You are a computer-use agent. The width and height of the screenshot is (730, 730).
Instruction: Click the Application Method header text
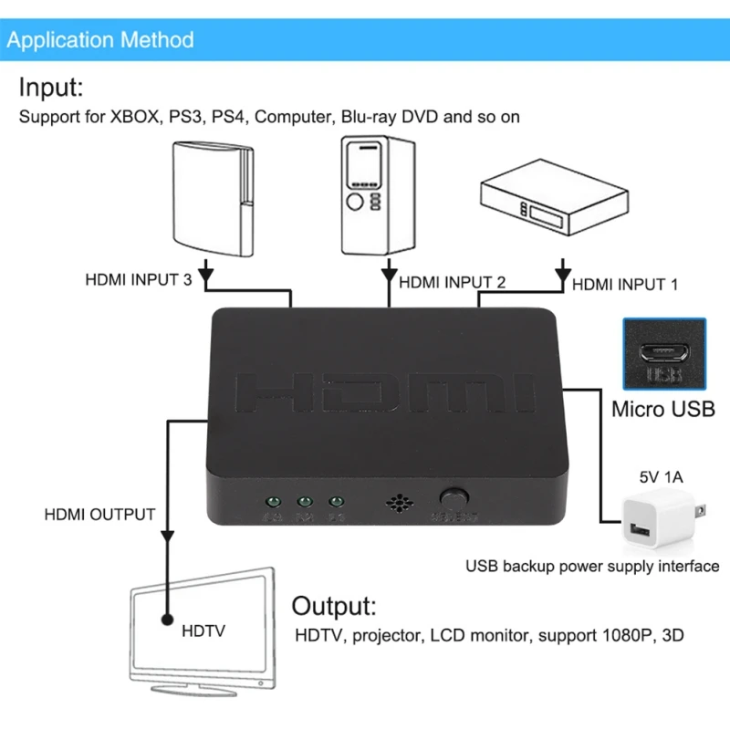[100, 40]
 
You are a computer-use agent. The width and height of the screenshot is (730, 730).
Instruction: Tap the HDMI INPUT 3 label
[139, 281]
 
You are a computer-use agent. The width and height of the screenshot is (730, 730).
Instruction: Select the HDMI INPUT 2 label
[453, 282]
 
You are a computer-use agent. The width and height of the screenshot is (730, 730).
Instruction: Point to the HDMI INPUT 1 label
[625, 285]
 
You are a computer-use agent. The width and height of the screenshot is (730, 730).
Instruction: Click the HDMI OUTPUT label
[99, 515]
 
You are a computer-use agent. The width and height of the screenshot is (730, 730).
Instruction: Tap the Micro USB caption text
[663, 409]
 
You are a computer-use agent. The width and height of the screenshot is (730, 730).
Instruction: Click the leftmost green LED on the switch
[272, 502]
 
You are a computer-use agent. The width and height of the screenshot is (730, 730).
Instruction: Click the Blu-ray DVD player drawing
[555, 201]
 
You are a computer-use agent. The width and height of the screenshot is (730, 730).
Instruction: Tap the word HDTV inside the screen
[204, 630]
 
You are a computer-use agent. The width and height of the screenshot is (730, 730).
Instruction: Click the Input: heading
[51, 89]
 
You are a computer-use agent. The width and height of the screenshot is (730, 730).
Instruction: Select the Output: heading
[334, 606]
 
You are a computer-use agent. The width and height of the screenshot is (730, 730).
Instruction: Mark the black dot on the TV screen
[168, 620]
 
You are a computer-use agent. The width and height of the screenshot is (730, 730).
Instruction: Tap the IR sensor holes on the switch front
[397, 503]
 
